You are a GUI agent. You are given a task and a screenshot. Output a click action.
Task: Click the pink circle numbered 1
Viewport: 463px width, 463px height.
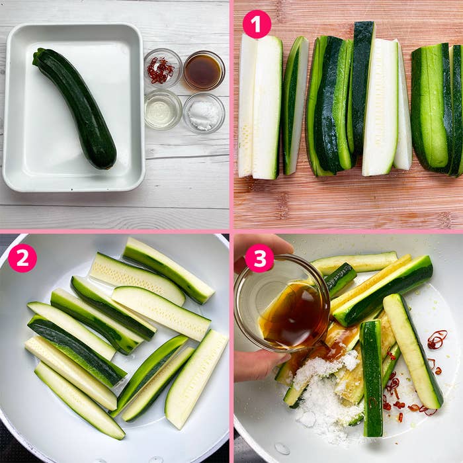[257, 24]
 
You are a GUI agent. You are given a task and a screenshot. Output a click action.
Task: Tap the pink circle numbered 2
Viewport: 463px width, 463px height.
[22, 258]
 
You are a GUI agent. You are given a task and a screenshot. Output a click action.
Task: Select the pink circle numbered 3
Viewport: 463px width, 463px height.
[259, 258]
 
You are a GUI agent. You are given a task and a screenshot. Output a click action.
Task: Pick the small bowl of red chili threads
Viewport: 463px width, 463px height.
[163, 68]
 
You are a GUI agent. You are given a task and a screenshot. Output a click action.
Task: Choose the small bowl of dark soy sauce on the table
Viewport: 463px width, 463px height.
[204, 71]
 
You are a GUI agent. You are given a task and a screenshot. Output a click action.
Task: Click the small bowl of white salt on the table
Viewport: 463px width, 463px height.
[204, 113]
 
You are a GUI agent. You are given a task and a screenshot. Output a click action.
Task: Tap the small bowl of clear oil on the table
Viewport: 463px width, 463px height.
[163, 110]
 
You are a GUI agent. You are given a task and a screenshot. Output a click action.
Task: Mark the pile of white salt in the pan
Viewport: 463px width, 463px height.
[325, 393]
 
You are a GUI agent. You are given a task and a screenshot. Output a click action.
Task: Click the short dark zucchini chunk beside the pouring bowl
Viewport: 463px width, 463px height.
[340, 279]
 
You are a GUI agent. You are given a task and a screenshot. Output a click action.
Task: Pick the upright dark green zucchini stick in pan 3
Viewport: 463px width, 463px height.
[371, 378]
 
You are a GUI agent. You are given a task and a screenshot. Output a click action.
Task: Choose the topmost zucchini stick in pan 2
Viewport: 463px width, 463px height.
[169, 271]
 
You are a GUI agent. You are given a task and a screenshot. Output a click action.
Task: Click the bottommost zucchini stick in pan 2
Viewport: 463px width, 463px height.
[80, 401]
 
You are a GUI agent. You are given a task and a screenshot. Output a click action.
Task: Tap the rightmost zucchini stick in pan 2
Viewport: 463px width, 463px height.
[196, 380]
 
